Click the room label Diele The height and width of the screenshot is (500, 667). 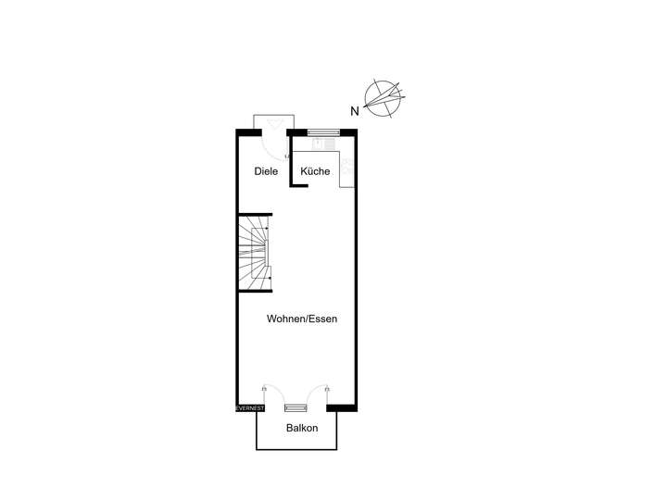click(x=266, y=171)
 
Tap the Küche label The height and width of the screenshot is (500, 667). click(x=315, y=171)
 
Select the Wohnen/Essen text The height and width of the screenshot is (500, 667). click(x=301, y=319)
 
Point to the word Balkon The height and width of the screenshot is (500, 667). click(x=302, y=428)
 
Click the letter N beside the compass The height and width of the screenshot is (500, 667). click(x=354, y=111)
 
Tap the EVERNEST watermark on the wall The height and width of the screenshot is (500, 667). click(x=249, y=407)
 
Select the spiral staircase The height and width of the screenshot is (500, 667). click(x=253, y=251)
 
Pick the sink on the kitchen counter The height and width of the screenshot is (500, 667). click(x=322, y=144)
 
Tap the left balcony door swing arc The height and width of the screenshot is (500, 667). click(x=271, y=394)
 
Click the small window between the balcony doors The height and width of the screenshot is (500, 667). click(x=296, y=407)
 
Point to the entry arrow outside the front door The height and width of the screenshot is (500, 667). click(x=275, y=123)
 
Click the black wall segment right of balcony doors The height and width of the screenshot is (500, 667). click(x=341, y=407)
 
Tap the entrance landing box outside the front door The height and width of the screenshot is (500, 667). click(x=274, y=123)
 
